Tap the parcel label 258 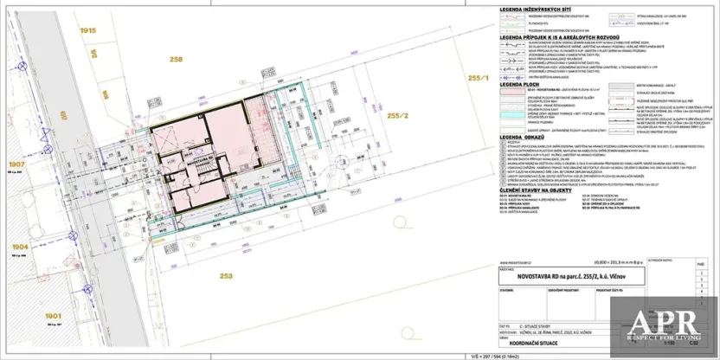[177, 60]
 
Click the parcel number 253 [227, 276]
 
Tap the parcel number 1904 [19, 247]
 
